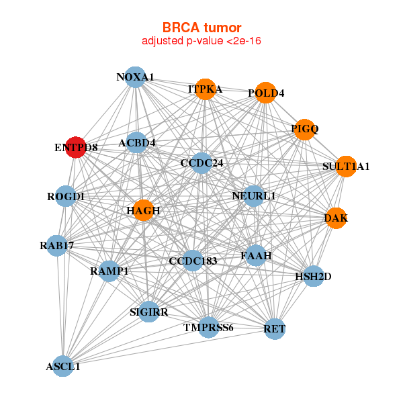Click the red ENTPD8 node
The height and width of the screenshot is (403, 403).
(76, 148)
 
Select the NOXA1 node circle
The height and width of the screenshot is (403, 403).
(136, 77)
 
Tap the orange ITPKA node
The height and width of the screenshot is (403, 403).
(205, 89)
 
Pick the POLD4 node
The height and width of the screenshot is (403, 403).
(266, 93)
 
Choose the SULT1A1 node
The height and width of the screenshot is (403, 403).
(346, 167)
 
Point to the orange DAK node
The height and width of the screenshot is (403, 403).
(336, 218)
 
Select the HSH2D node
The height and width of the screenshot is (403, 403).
(314, 276)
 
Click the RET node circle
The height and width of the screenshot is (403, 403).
(275, 328)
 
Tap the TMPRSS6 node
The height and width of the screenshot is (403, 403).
(209, 327)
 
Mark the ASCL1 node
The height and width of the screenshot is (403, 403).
(63, 366)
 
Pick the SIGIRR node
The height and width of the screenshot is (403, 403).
(149, 312)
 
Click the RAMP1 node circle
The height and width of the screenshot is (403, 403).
(109, 271)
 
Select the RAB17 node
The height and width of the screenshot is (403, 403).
(57, 246)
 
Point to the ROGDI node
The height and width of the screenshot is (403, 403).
(66, 196)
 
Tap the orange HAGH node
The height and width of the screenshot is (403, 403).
(143, 210)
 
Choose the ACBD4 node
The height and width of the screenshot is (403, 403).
(137, 142)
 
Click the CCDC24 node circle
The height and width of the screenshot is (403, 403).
(201, 163)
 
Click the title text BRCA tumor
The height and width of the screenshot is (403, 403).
(201, 28)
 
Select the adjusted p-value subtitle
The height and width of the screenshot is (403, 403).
(201, 41)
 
